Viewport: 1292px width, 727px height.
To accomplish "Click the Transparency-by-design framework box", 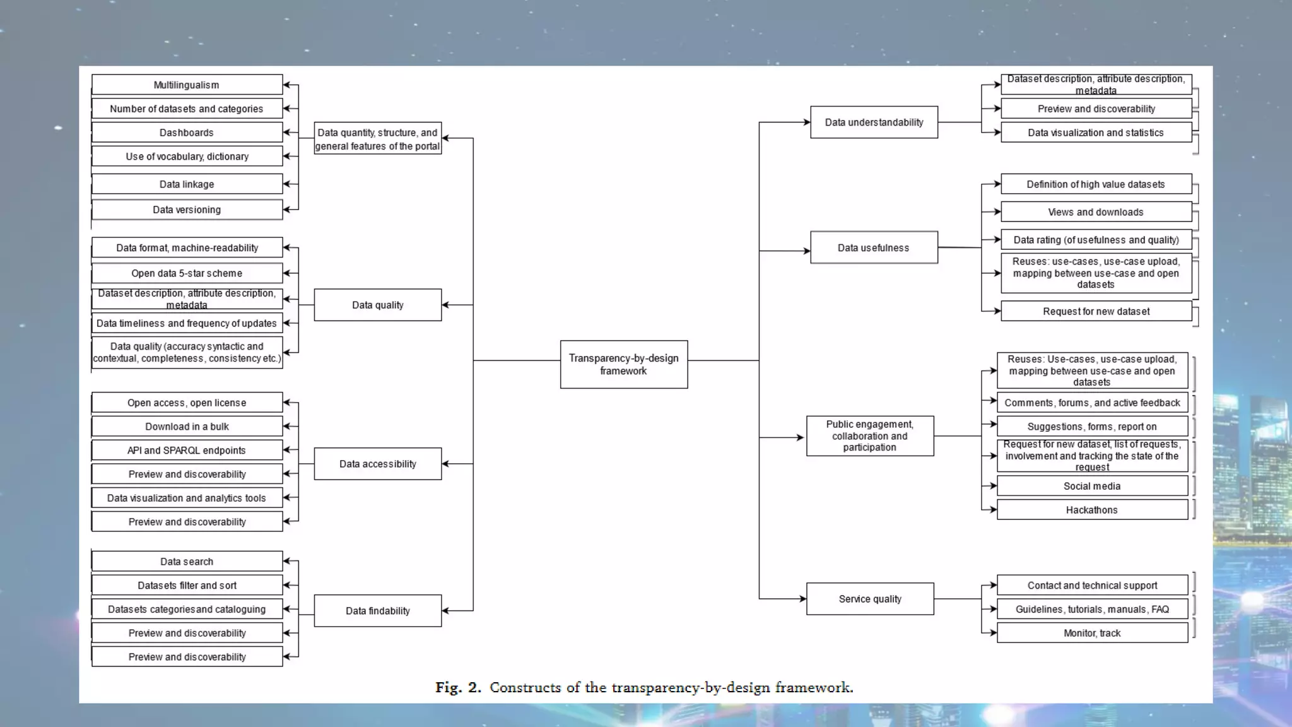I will tap(623, 364).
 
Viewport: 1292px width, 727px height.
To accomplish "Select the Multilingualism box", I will tap(187, 85).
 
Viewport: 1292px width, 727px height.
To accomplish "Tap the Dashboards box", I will tap(187, 133).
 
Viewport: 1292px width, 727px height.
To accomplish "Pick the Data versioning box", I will tap(187, 210).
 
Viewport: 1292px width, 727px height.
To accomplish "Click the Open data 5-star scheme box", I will tap(187, 273).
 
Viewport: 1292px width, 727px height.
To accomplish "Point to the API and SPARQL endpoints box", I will tap(187, 450).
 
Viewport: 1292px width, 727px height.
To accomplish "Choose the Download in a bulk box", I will tap(187, 427).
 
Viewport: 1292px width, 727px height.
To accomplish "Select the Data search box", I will tap(187, 561).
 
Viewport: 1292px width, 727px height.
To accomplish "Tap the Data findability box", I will tap(377, 610).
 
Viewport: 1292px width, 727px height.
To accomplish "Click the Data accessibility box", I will tap(377, 464).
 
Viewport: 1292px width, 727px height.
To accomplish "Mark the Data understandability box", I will tap(874, 122).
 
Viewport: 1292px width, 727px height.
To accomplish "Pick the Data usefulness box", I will tap(874, 247).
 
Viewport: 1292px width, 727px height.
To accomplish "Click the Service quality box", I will tap(870, 598).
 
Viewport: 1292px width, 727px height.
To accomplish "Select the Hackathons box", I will tap(1092, 510).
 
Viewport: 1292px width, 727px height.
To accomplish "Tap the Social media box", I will tap(1092, 486).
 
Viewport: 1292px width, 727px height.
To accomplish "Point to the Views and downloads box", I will tap(1096, 212).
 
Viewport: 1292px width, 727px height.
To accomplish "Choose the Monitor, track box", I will tap(1092, 633).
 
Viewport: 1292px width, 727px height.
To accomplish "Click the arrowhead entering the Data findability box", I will tap(445, 610).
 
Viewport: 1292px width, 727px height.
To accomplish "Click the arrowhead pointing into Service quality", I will tap(802, 598).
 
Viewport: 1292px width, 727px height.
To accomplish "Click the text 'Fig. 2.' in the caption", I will tap(458, 687).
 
